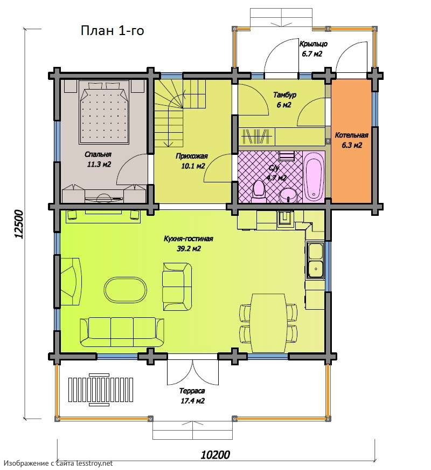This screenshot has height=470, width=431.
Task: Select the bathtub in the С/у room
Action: (314, 176)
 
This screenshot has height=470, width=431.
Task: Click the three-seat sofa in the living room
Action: (122, 332)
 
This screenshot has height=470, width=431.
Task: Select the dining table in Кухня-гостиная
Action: (268, 323)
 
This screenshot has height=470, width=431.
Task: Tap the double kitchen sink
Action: (315, 261)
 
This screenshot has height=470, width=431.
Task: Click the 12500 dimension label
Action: (18, 224)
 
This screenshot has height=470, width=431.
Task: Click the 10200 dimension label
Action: (215, 455)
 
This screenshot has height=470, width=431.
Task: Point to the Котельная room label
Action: (351, 135)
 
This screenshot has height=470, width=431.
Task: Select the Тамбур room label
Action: (284, 95)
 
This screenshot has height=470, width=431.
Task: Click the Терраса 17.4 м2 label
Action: (192, 396)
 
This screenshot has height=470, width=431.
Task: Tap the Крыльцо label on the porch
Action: (314, 44)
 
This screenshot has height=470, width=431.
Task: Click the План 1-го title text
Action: (112, 31)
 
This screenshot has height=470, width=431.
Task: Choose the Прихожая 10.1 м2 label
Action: (192, 161)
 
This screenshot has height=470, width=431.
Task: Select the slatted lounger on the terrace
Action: (101, 390)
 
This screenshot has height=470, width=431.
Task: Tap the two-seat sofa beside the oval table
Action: (177, 287)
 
